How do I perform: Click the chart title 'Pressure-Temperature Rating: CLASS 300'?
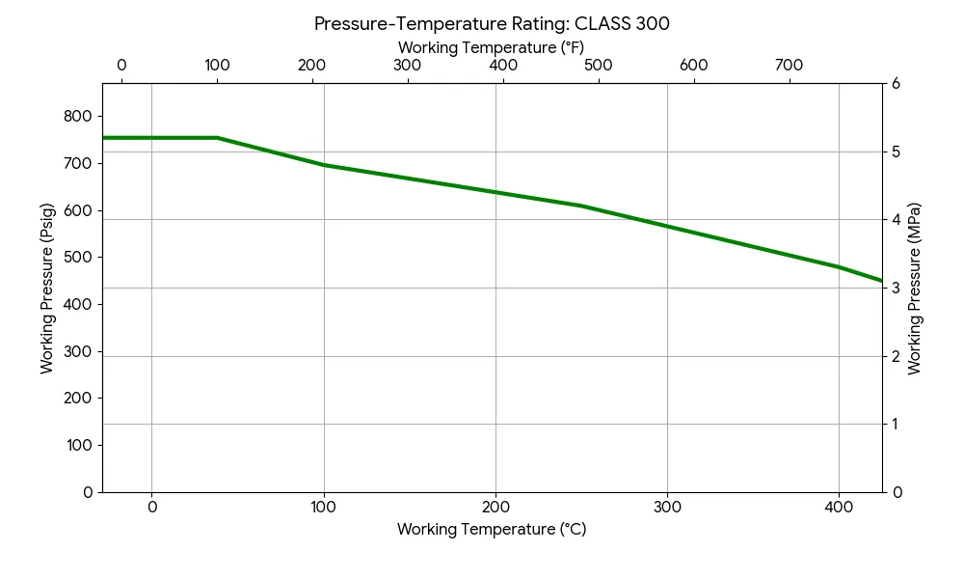492,24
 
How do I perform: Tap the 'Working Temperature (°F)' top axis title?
491,47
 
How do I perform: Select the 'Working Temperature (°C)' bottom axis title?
492,529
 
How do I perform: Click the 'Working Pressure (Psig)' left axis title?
46,288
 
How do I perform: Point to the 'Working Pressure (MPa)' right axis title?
915,288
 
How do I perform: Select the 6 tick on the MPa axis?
896,84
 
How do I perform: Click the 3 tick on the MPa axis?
896,288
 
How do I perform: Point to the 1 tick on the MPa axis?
896,424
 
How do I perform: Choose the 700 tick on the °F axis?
790,66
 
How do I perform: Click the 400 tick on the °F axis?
503,66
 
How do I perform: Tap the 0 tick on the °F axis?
121,66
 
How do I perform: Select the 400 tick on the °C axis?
839,507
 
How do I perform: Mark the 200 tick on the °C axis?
495,507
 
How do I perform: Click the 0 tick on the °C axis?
151,507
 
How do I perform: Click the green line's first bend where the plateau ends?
217,138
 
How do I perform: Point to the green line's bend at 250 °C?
581,206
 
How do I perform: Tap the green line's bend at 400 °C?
839,267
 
